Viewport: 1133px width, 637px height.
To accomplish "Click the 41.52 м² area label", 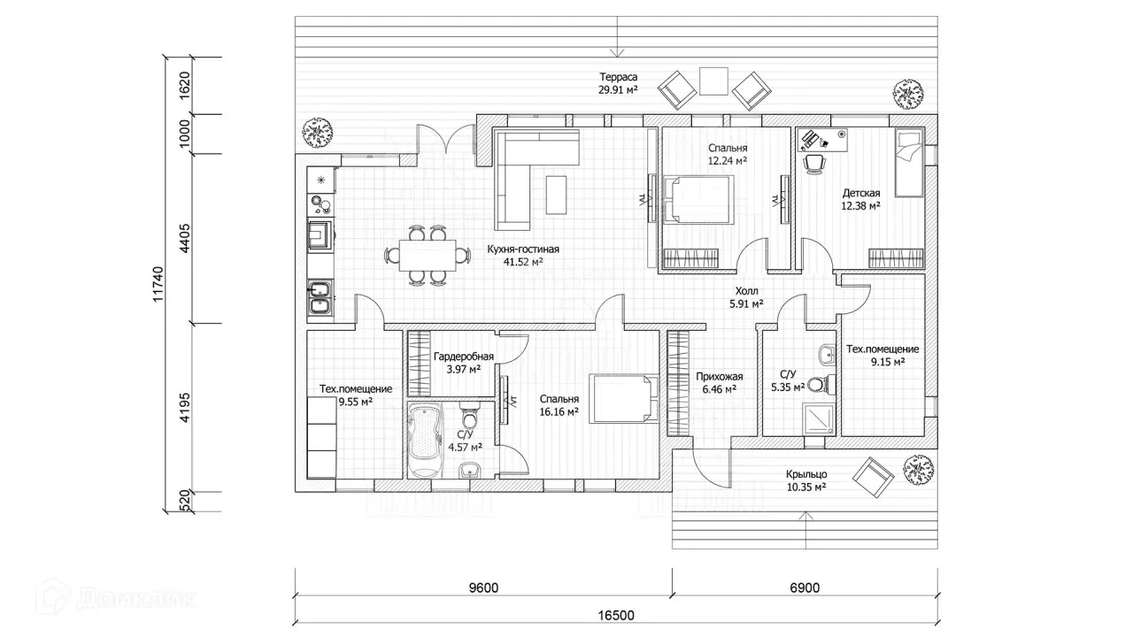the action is coord(523,262).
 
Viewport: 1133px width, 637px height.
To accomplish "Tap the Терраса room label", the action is coord(618,77).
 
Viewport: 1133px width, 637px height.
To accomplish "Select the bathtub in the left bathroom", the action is coord(425,440).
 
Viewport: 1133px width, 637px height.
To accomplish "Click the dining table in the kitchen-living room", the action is coord(428,256).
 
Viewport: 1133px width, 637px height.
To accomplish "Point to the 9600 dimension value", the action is coord(483,588).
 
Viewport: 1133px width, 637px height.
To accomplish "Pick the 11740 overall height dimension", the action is coord(158,285).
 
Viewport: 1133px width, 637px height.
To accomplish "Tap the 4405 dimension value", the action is coord(185,238).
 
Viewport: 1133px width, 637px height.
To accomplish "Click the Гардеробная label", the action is coord(464,357).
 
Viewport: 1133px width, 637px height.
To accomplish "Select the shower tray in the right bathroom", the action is coord(820,419).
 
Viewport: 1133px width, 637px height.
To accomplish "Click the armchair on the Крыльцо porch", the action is coord(873,478).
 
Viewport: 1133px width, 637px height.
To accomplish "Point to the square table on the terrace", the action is coord(713,81).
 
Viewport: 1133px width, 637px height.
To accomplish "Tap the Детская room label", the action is coord(861,193).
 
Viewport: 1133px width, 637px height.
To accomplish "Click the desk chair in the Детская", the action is coord(814,165).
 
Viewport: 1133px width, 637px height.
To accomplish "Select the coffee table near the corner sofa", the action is coord(557,195).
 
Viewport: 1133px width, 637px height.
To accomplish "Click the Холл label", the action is coord(746,291).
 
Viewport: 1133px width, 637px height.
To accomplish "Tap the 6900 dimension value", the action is coord(805,588).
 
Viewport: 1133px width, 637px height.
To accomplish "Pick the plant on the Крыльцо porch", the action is coord(918,470).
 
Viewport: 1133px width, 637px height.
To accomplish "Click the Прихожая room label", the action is coord(720,377).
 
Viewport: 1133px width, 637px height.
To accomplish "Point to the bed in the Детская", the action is coord(909,162).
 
